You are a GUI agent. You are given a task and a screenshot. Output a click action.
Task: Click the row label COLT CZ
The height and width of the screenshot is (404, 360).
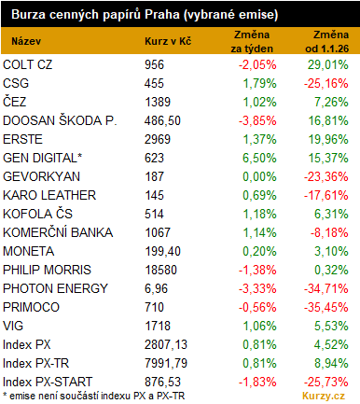point(28,64)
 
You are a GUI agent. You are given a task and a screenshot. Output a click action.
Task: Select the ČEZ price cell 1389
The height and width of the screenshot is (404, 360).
point(158,102)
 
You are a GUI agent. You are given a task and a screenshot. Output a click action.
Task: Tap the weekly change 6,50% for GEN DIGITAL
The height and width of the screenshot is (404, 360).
point(259,158)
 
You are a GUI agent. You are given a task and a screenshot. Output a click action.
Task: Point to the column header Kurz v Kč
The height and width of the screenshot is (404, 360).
point(168,41)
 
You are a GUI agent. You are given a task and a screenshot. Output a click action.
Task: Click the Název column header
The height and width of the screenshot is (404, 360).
point(26,41)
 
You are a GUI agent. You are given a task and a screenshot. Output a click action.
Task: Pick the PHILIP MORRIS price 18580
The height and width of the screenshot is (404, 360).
point(160,270)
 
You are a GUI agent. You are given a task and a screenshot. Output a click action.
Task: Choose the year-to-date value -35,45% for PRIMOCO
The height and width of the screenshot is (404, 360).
point(326,307)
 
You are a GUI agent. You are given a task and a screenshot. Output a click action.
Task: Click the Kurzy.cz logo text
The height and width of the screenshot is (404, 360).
point(324,396)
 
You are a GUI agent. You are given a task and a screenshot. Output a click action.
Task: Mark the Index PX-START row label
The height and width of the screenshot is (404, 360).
point(48,382)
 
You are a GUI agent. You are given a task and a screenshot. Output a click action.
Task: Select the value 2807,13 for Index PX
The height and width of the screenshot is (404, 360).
point(166,344)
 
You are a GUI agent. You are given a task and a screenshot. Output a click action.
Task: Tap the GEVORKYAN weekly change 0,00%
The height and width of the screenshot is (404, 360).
point(259,176)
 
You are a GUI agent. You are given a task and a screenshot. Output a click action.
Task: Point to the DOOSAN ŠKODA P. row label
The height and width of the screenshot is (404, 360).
point(60,120)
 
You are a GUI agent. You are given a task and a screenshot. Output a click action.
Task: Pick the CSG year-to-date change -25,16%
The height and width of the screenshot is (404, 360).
point(326,83)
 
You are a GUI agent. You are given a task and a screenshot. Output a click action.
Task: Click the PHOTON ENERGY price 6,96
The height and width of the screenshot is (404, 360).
point(156,288)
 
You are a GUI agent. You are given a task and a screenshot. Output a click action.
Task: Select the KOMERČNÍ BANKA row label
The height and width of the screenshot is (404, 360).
point(58,232)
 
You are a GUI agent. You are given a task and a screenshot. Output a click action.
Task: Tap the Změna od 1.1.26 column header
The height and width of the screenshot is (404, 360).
point(327,41)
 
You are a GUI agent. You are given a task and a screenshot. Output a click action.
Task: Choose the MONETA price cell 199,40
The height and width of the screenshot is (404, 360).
point(162,251)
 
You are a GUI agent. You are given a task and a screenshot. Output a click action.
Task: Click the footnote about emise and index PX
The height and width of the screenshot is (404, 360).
point(94,396)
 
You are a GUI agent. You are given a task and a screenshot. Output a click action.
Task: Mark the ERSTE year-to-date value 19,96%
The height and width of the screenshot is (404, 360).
point(328,139)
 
